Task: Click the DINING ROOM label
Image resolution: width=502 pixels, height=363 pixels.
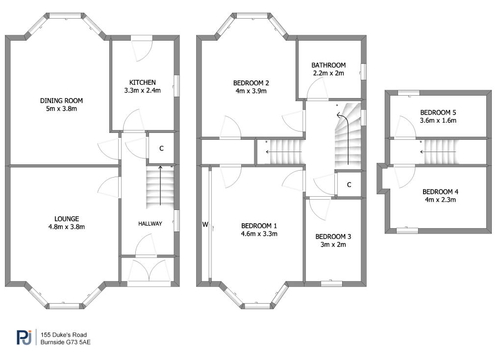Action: click(61, 101)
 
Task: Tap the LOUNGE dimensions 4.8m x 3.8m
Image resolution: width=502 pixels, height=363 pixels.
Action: click(67, 227)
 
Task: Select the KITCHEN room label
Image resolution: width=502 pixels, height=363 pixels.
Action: click(143, 82)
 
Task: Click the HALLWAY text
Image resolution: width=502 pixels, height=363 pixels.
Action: click(150, 224)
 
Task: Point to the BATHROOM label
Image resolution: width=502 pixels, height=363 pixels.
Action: click(328, 65)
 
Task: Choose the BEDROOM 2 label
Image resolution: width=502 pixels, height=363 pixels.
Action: click(251, 83)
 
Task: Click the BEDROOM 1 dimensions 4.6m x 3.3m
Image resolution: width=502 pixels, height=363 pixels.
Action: click(259, 234)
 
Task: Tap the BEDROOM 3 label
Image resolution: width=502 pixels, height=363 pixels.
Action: click(333, 236)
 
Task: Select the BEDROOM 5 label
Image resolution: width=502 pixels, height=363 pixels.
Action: click(438, 112)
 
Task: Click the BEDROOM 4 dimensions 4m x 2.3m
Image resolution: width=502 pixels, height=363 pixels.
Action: click(440, 200)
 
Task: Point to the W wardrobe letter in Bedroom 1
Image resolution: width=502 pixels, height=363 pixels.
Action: click(205, 224)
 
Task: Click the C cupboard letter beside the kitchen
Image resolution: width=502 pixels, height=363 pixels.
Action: click(161, 148)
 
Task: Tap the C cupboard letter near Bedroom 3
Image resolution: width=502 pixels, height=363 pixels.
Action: click(349, 184)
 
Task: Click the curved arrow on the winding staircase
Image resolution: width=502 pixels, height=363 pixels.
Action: click(347, 134)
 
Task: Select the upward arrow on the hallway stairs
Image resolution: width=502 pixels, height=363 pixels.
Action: click(160, 185)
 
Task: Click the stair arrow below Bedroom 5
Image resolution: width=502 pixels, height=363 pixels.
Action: click(438, 152)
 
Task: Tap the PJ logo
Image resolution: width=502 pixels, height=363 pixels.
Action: click(25, 337)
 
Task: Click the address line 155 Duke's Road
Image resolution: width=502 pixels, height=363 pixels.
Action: click(64, 335)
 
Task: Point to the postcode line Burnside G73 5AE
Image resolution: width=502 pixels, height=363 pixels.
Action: click(65, 342)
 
